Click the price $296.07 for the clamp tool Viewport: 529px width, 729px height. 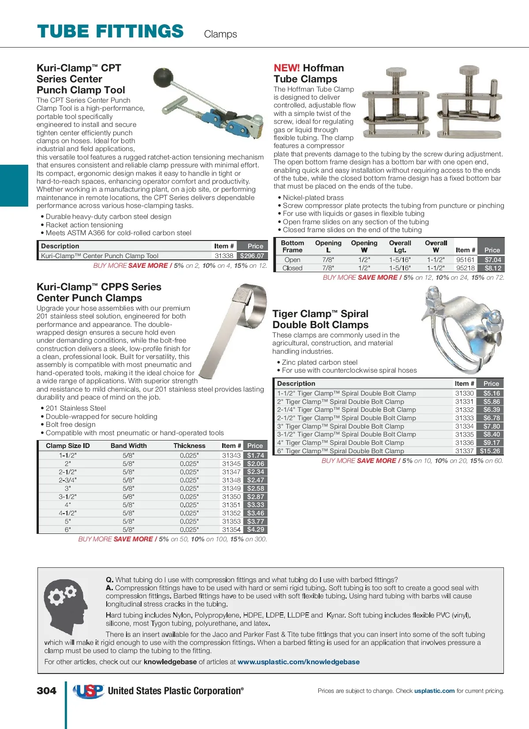(252, 255)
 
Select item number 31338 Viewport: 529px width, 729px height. (224, 255)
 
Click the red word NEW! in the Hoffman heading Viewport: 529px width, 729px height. (287, 68)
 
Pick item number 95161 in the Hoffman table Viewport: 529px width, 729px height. (465, 260)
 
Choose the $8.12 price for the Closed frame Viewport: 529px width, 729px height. (492, 268)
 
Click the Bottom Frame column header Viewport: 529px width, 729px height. (292, 246)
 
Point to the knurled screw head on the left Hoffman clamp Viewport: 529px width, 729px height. (396, 72)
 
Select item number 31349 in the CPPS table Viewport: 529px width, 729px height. (231, 488)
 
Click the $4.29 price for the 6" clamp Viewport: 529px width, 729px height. (255, 529)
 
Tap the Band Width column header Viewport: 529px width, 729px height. (129, 446)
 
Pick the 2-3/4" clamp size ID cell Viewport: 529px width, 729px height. (67, 480)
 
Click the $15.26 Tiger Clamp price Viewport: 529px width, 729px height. (490, 451)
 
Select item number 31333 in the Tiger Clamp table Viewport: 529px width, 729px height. (464, 418)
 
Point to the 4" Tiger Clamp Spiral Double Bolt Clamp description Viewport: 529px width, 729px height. (340, 443)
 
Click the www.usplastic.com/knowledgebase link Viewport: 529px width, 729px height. (298, 662)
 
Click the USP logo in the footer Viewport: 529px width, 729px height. (89, 691)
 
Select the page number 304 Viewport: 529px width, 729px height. (47, 691)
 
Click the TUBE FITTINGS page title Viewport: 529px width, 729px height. (110, 32)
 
